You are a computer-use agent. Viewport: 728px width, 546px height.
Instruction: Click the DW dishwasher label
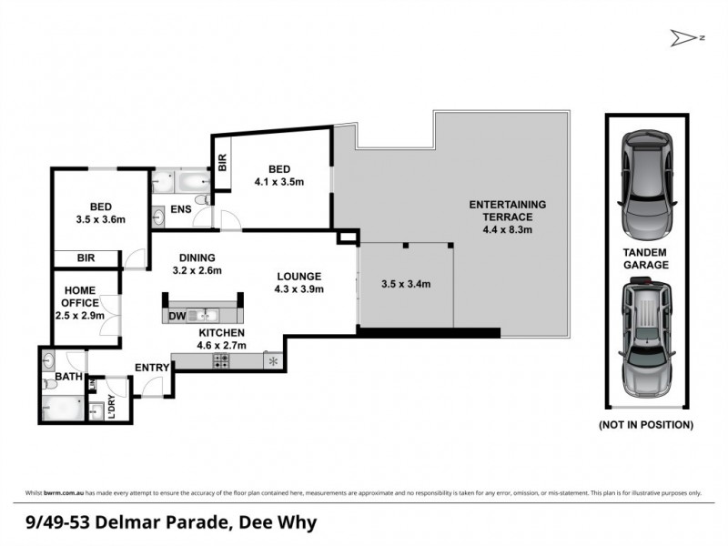click(x=177, y=316)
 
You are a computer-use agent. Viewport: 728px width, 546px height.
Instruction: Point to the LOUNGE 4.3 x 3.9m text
click(x=299, y=282)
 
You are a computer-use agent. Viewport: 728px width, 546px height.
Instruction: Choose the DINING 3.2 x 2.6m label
click(x=197, y=263)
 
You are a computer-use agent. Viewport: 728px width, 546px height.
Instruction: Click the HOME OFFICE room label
click(x=80, y=302)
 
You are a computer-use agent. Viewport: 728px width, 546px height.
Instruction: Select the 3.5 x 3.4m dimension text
click(x=405, y=284)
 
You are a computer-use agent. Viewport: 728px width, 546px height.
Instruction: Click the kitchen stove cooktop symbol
click(x=221, y=361)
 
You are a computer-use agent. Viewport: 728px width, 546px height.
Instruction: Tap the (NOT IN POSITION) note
click(x=645, y=425)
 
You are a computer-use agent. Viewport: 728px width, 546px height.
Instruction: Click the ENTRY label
click(x=152, y=367)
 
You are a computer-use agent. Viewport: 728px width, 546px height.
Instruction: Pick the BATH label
click(x=68, y=376)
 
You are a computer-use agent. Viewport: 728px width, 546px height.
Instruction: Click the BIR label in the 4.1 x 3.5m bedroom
click(x=222, y=160)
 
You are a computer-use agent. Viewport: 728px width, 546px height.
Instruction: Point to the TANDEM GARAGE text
click(x=646, y=258)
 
